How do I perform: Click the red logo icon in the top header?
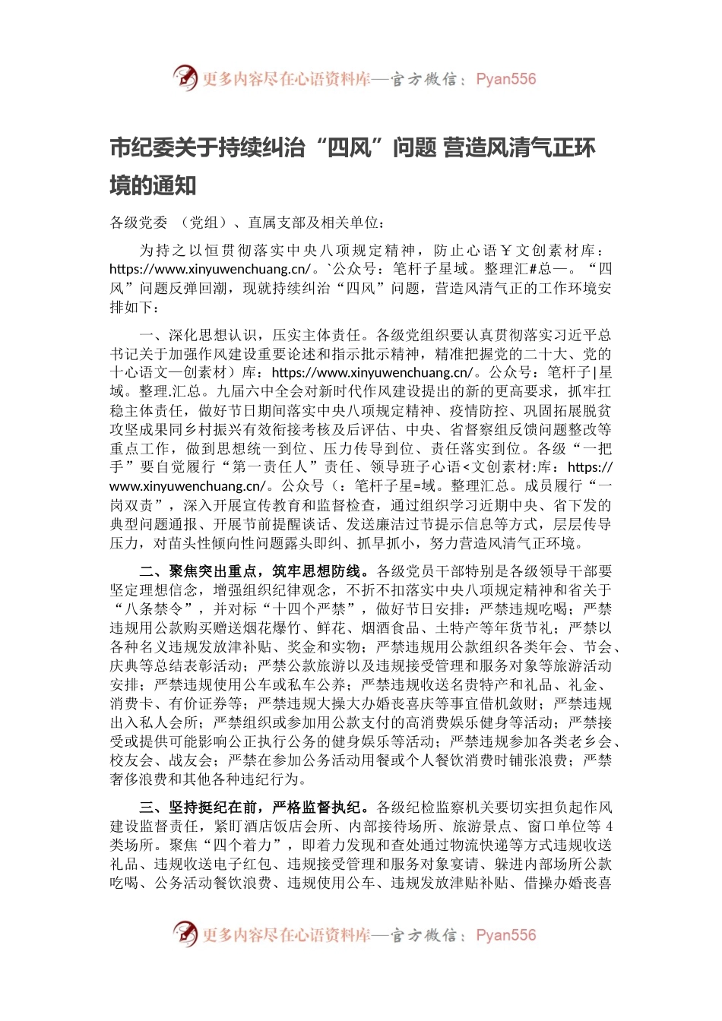tap(185, 77)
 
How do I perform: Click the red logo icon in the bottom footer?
tap(185, 934)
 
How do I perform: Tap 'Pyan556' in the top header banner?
tap(505, 79)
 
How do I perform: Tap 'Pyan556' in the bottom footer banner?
tap(505, 935)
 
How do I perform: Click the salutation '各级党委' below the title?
tap(138, 223)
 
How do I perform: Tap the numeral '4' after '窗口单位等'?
tap(609, 826)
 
